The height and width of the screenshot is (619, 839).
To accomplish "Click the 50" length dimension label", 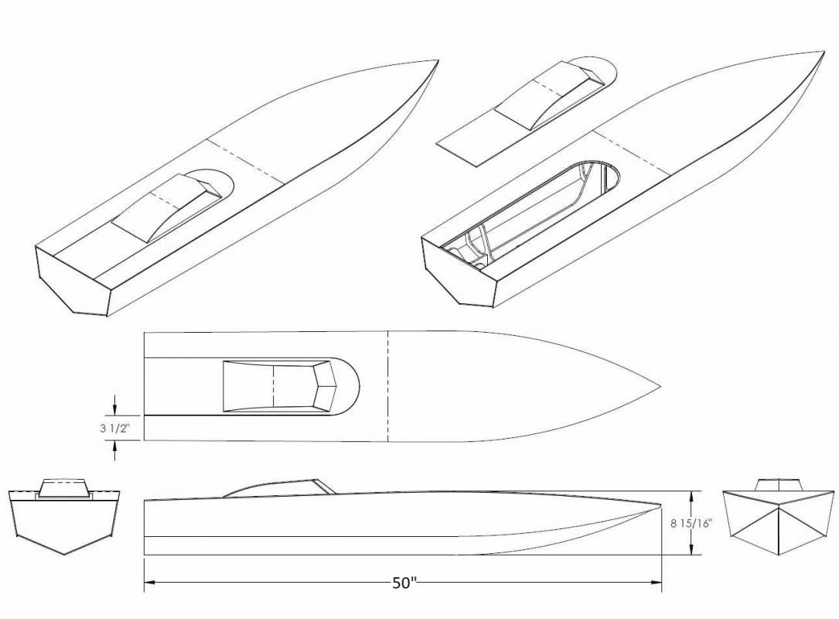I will (x=404, y=583).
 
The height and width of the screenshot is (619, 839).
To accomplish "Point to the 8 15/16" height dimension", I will (x=691, y=522).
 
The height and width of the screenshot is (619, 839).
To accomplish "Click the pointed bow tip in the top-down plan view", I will (x=660, y=386).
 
